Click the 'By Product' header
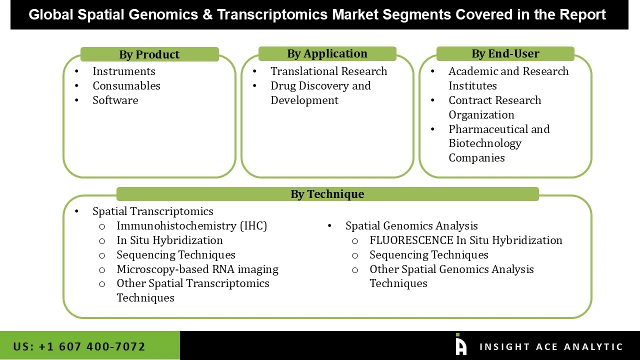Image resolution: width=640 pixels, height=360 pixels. tap(149, 54)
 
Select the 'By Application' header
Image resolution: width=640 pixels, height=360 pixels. tap(327, 53)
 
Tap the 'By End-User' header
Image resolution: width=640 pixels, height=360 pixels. tap(505, 53)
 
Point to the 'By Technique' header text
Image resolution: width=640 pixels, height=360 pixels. tap(327, 194)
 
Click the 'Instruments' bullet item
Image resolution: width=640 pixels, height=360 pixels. tap(123, 71)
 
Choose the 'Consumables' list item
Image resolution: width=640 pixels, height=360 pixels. tap(126, 86)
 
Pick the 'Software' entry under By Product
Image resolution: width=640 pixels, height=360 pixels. tap(115, 100)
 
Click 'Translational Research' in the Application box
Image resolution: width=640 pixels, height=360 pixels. tap(328, 71)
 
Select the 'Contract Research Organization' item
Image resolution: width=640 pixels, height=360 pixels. tap(494, 107)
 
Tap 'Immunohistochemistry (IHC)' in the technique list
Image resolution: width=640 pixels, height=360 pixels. tap(191, 226)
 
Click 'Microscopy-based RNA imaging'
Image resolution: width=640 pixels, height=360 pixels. tap(197, 269)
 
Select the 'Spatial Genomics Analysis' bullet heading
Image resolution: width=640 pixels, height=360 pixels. tap(411, 226)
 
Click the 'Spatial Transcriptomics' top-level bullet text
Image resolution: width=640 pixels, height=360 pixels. tap(152, 211)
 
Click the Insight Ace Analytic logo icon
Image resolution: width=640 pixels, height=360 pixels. tap(460, 345)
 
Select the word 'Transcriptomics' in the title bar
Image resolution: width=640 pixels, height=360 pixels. tap(272, 14)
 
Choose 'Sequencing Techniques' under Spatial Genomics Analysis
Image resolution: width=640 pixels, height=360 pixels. tap(428, 255)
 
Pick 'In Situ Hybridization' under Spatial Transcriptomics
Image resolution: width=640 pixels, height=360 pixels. tap(169, 240)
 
